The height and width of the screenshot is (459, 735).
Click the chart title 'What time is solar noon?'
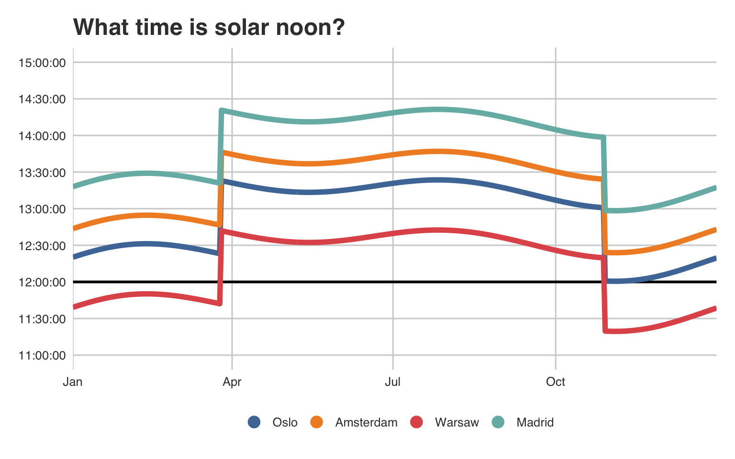209,27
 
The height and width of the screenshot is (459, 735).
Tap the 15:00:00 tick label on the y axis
42,63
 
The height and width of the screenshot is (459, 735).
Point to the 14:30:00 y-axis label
42,99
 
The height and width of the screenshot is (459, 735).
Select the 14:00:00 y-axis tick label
42,136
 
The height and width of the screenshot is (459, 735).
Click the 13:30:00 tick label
42,173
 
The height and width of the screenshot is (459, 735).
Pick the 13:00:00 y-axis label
42,209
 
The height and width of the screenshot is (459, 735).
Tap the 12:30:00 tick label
42,246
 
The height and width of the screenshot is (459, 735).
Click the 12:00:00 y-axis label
42,282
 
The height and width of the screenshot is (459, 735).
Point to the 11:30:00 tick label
42,319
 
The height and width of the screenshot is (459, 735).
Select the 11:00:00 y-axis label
42,355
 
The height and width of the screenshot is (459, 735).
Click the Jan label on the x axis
73,382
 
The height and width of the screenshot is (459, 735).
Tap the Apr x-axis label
232,382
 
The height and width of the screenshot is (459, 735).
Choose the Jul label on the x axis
393,382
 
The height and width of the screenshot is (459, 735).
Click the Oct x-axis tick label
556,382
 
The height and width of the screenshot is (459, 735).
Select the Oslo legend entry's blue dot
254,422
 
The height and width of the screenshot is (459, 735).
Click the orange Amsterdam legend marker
317,422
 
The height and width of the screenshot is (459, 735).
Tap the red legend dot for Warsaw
417,422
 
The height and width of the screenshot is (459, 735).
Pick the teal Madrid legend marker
498,422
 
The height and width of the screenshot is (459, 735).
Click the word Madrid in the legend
535,423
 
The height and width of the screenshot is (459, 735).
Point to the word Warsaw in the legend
457,423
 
